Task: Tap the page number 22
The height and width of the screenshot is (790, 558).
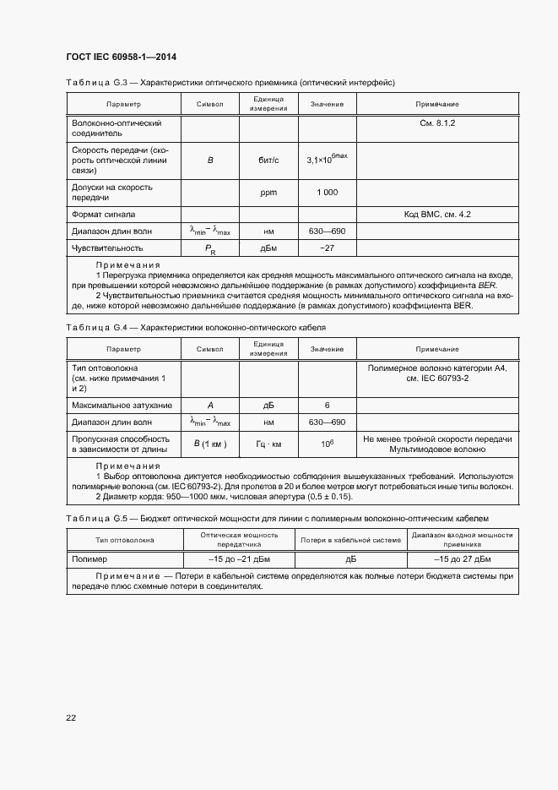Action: (x=71, y=717)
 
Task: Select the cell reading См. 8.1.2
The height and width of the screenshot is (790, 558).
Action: (x=437, y=123)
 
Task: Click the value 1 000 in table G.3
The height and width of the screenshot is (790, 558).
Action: (x=327, y=193)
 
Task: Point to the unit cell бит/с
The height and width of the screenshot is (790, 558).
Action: (x=268, y=160)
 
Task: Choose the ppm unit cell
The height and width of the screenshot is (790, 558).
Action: (x=268, y=193)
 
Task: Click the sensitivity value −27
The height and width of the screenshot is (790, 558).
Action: (x=327, y=248)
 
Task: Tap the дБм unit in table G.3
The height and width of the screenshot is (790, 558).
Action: (x=268, y=248)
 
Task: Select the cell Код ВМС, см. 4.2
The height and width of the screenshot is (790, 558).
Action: (x=437, y=215)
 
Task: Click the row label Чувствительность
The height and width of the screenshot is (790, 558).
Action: (x=107, y=248)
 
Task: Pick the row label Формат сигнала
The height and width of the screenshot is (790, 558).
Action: (x=104, y=215)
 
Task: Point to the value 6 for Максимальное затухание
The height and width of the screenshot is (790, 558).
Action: (x=327, y=406)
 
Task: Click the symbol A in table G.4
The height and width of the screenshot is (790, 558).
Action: (x=210, y=406)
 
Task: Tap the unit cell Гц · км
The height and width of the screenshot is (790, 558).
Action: (x=268, y=444)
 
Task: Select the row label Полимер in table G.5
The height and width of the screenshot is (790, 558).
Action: (x=89, y=559)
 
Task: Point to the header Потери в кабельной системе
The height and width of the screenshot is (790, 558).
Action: (x=350, y=540)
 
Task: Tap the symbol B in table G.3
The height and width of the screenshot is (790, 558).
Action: (x=210, y=160)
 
